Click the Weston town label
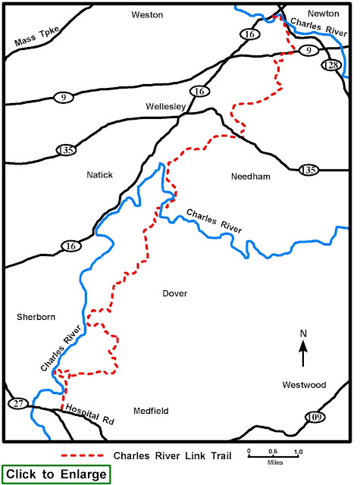(147, 14)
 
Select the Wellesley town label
(166, 106)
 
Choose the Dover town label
(174, 293)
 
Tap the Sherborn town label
(36, 318)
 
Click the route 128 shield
(330, 65)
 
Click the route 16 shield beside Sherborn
(70, 246)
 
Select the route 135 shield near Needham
(308, 170)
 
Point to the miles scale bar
(274, 453)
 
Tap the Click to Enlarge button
(57, 474)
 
